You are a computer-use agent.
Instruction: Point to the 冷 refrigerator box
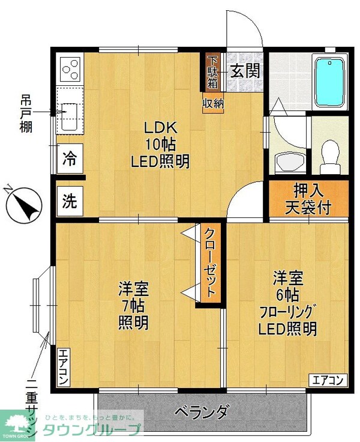70,159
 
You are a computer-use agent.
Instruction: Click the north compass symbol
22,205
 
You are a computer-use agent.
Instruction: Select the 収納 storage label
213,103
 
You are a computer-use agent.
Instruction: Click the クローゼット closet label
209,263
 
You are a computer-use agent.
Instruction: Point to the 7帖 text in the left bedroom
133,305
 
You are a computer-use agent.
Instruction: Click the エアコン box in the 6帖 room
328,380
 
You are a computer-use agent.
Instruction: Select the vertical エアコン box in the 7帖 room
63,367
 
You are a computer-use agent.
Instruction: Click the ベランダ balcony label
202,413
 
